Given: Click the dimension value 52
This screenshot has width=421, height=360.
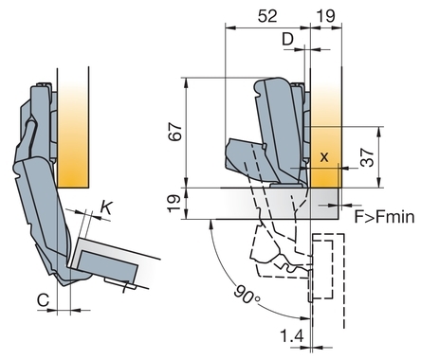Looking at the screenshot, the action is click(x=267, y=16).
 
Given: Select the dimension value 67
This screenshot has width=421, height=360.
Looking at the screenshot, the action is click(x=175, y=132).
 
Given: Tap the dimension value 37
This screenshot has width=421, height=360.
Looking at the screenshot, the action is click(x=368, y=157).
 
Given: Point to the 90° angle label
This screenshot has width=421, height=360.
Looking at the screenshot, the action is click(x=247, y=295).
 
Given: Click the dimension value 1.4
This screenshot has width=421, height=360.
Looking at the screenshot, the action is click(x=292, y=335).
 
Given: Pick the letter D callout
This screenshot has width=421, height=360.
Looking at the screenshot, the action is click(x=288, y=39).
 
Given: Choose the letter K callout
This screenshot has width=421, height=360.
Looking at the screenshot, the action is click(x=106, y=208).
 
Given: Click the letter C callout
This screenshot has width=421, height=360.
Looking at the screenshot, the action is click(x=43, y=299).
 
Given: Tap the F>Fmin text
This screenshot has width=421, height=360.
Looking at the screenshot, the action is click(x=384, y=217).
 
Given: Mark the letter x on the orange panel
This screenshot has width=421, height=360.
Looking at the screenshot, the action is click(x=324, y=156).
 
